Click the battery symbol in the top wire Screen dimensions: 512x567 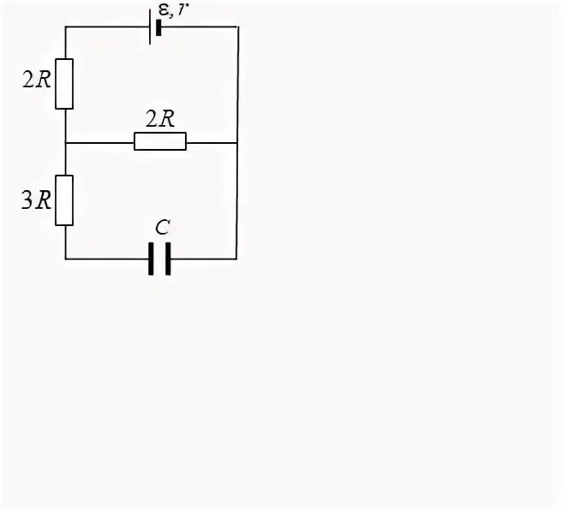tap(156, 27)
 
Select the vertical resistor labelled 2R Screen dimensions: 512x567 tap(65, 84)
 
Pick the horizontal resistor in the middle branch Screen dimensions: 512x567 tap(160, 141)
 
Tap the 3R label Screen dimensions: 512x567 tap(35, 200)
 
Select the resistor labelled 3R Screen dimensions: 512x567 tap(65, 200)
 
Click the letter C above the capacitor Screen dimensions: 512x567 tap(161, 228)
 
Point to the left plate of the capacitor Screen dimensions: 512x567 tap(152, 259)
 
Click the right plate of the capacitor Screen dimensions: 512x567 tap(168, 259)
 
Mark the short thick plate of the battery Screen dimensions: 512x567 tap(159, 27)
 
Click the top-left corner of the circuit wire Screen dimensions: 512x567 tap(66, 27)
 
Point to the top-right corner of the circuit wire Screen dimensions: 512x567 tap(237, 27)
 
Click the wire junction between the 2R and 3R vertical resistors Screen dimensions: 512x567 tap(66, 141)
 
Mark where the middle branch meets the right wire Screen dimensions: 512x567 tap(237, 141)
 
